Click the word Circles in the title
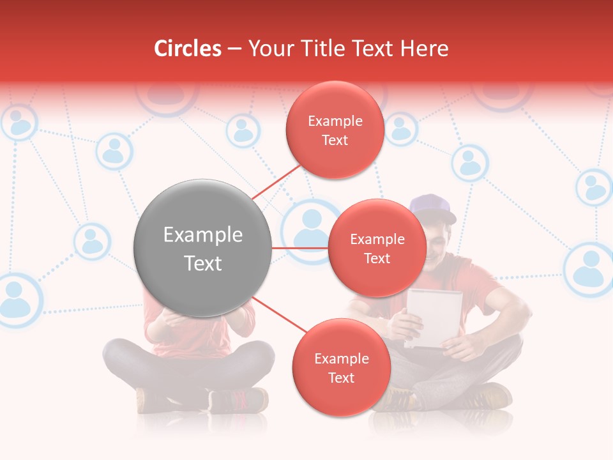coord(188,49)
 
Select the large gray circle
coord(202,248)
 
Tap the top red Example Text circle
coord(335,130)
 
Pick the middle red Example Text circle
coord(377,248)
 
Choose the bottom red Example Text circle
coord(341,367)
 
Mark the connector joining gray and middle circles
coord(299,248)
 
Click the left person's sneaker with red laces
coord(238,400)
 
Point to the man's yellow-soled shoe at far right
coord(488,395)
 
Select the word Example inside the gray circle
coord(202,235)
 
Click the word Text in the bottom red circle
coord(341,378)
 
